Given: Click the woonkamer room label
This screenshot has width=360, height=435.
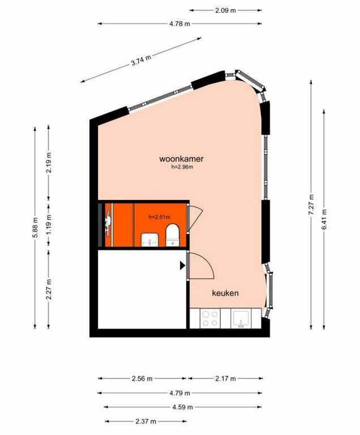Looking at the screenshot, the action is (181, 159).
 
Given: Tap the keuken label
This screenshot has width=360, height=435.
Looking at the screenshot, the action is (225, 293).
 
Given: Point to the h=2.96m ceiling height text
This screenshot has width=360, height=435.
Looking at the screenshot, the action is (182, 167).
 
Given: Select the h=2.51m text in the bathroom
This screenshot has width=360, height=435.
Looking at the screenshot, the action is (159, 217).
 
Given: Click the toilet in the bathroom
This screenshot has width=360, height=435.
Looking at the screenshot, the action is (173, 235).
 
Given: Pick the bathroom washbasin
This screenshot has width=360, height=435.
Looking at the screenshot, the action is (150, 240).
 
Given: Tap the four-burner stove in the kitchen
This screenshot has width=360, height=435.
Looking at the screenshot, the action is (209, 318).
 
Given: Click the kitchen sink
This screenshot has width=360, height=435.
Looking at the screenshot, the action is (241, 319).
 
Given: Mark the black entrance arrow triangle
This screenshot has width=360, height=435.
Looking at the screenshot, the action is (182, 266).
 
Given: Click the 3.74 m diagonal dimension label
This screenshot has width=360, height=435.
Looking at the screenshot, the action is (141, 60).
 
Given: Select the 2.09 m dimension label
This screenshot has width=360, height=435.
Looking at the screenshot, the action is (225, 11).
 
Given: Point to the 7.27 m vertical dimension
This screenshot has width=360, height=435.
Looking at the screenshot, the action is (311, 204).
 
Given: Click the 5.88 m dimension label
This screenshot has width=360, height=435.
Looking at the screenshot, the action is (35, 228).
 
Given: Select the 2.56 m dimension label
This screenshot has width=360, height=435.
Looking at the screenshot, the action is (142, 378).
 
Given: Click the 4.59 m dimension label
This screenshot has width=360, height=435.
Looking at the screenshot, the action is (182, 407).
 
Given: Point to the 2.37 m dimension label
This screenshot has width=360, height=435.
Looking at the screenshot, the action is (146, 421).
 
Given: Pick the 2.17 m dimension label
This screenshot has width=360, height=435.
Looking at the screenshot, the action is (225, 378).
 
